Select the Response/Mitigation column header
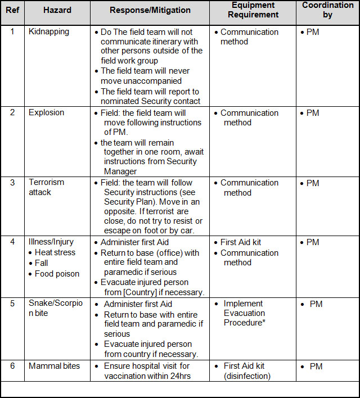coord(150,11)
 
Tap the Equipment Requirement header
coord(254,10)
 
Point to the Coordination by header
coord(328,10)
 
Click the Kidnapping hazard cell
coord(49,32)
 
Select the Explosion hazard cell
coord(47,112)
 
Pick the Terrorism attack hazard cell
coord(47,187)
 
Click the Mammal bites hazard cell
coord(55,366)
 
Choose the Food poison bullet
coord(57,274)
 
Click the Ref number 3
coord(13,183)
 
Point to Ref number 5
coord(13,304)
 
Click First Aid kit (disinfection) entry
coord(247,371)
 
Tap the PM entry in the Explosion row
coord(313,113)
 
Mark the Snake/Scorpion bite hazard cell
coord(55,308)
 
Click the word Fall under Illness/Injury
coord(42,263)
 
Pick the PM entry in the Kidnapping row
coord(313,33)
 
